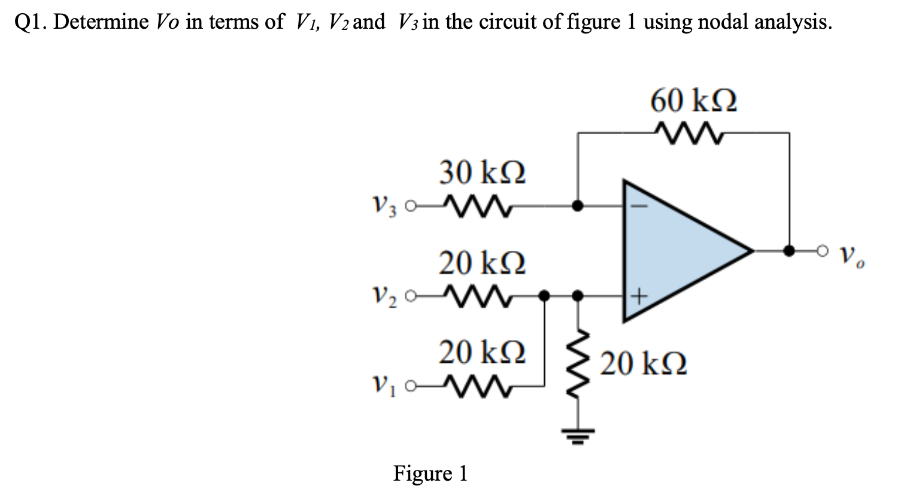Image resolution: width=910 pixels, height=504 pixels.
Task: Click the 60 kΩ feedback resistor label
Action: tap(693, 101)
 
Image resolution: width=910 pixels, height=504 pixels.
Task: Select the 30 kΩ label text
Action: tap(482, 173)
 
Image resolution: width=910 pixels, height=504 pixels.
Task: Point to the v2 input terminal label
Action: tap(384, 295)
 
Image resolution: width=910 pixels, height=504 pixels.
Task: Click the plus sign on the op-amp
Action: tap(639, 295)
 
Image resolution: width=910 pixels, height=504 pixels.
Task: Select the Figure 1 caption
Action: tap(430, 473)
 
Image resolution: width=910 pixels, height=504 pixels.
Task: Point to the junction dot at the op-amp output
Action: tap(789, 250)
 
